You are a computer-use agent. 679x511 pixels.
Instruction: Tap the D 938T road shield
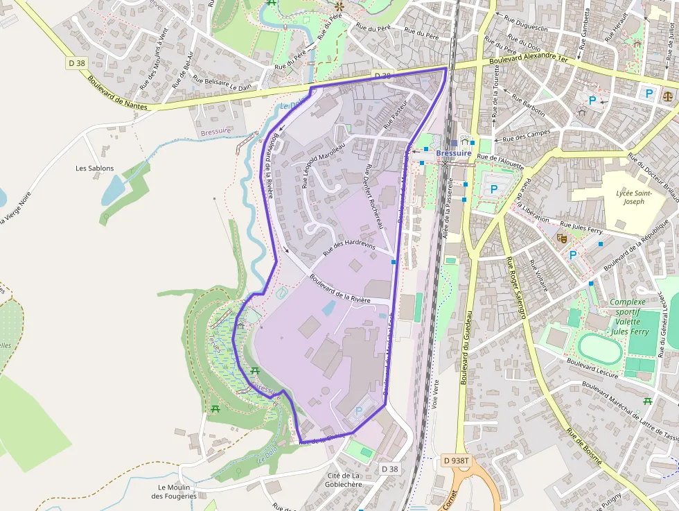click(456, 460)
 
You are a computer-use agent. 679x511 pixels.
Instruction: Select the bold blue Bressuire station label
click(455, 153)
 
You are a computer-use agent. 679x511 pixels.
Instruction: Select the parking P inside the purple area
click(358, 411)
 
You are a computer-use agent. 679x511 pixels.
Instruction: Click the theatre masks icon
click(561, 238)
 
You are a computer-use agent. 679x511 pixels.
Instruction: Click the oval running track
click(599, 348)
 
